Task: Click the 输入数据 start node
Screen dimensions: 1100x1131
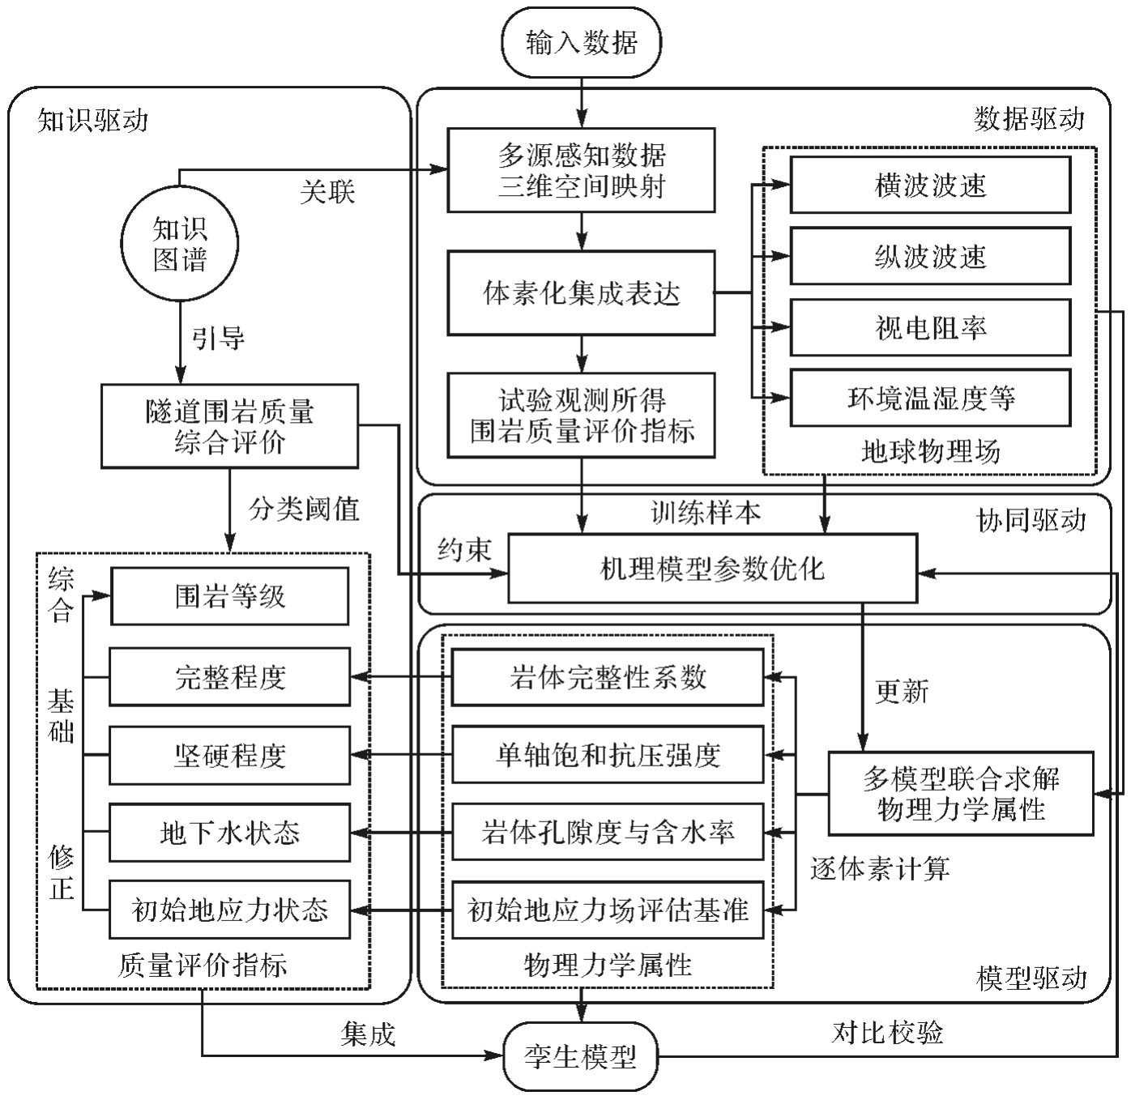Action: [x=581, y=42]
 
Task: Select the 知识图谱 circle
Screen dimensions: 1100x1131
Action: [x=180, y=244]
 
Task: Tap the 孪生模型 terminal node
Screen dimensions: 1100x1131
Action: [x=580, y=1056]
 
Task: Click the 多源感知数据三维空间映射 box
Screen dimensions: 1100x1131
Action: [x=581, y=170]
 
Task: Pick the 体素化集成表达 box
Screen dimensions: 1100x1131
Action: [x=581, y=293]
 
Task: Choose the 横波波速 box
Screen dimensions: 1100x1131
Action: [x=930, y=185]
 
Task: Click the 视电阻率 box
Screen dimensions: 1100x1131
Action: [x=930, y=327]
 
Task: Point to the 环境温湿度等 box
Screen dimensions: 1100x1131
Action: [x=930, y=398]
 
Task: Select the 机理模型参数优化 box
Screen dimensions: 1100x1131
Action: [x=712, y=569]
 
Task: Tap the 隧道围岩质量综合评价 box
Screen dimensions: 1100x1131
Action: [x=229, y=426]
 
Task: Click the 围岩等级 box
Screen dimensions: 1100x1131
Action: [x=229, y=596]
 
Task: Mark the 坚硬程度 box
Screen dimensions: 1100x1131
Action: [x=229, y=756]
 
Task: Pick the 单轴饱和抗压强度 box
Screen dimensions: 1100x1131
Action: [x=608, y=756]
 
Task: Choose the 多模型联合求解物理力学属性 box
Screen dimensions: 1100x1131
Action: [x=961, y=794]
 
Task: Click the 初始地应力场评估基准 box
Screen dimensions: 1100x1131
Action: [x=608, y=910]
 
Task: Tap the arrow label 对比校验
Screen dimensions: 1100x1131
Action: [x=887, y=1032]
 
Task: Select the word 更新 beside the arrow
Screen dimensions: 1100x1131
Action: [x=901, y=692]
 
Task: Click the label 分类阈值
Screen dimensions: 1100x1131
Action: [x=304, y=509]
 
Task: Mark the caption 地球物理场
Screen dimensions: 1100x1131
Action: [x=930, y=450]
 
